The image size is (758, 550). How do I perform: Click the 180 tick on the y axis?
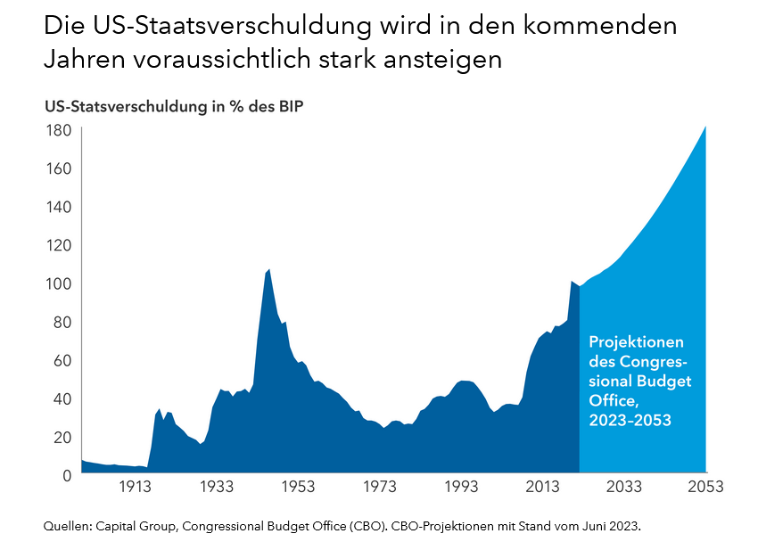pos(58,130)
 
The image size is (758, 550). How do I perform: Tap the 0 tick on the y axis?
pos(65,475)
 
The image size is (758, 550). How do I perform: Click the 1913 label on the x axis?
pos(134,487)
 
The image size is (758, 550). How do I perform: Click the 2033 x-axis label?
pos(624,487)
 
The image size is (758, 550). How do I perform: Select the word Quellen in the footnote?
pos(67,527)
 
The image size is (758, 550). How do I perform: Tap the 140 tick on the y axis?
pos(58,207)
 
